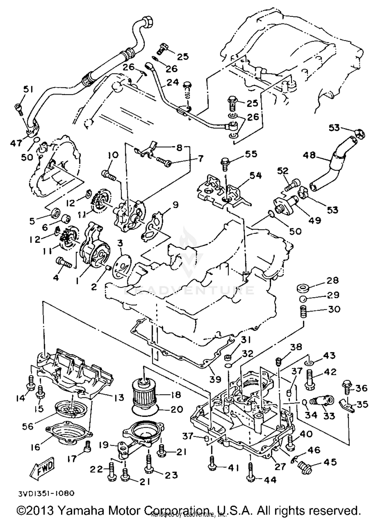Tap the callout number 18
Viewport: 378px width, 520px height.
click(175, 395)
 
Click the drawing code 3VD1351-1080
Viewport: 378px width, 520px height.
click(46, 493)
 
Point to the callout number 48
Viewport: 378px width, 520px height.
click(309, 155)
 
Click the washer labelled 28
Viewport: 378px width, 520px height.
click(303, 288)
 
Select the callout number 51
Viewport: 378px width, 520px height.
click(28, 90)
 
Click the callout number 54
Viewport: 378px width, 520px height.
click(255, 175)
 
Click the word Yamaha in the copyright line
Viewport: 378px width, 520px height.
click(81, 510)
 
